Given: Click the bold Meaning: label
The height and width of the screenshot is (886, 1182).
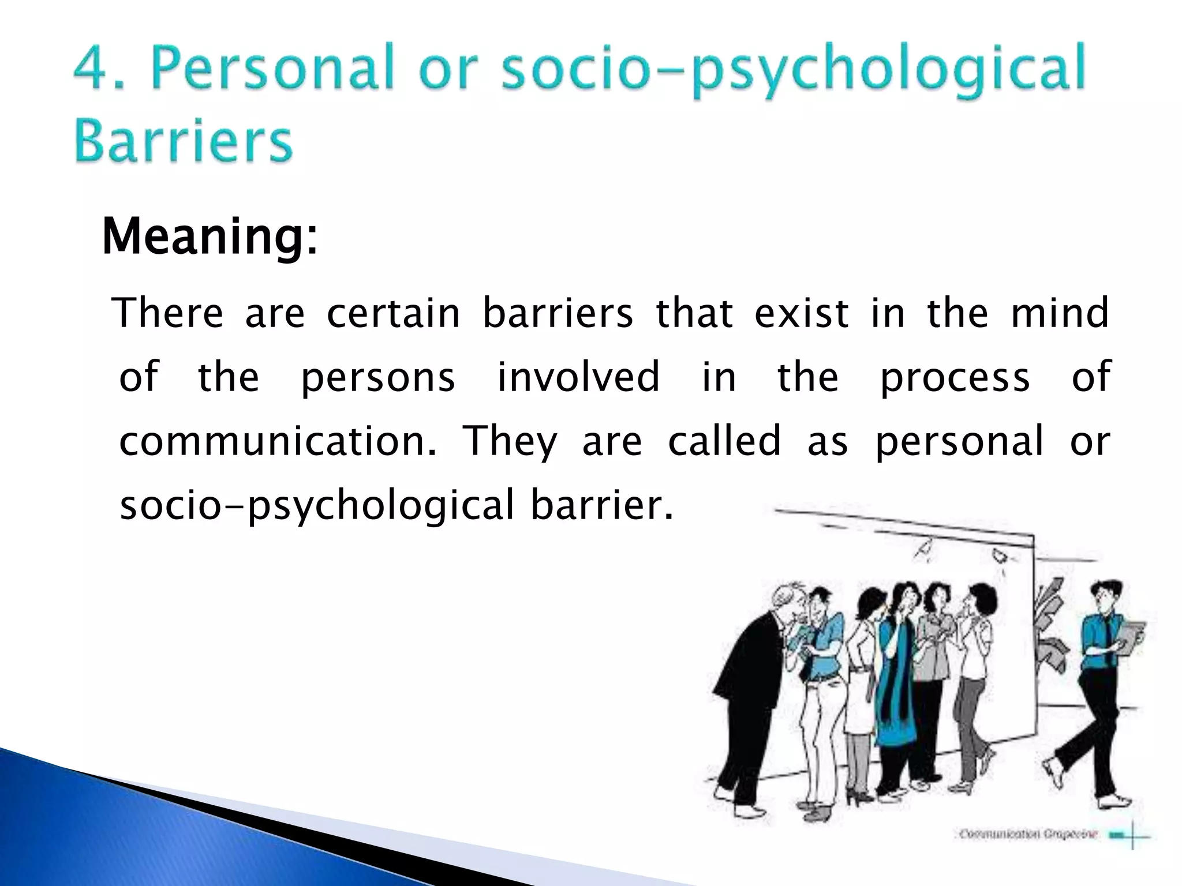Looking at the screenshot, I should pos(210,237).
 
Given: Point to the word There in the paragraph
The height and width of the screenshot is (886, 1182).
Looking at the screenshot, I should pos(170,313).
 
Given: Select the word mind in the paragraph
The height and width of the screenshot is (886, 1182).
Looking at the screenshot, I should pos(1060,313).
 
